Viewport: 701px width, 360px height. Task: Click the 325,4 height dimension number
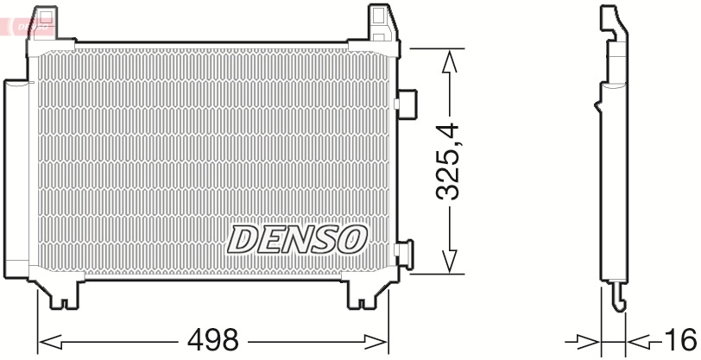tap(449, 162)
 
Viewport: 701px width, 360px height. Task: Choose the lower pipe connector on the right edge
tap(403, 253)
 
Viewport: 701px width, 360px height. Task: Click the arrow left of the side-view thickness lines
tap(588, 339)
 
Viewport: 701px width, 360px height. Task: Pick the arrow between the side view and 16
tap(639, 339)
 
